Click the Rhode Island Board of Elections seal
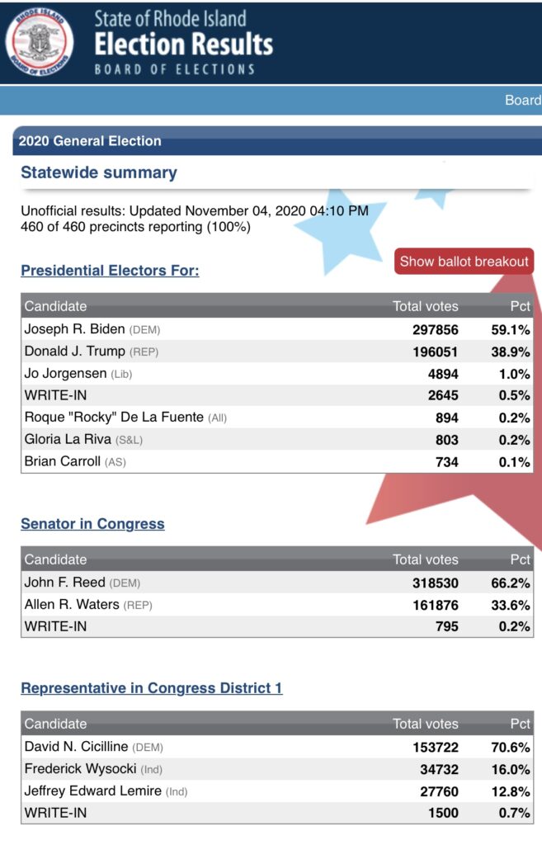tap(40, 41)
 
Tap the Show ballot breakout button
tap(464, 262)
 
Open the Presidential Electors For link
tap(110, 271)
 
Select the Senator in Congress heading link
tap(92, 524)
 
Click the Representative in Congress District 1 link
tap(152, 688)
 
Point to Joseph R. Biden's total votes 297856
tap(436, 330)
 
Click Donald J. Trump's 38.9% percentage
tap(510, 352)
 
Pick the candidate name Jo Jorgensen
tap(65, 374)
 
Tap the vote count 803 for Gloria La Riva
tap(446, 440)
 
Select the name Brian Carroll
tap(62, 461)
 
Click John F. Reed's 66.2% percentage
tap(510, 583)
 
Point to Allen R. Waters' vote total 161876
tap(436, 605)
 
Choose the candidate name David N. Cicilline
tap(76, 746)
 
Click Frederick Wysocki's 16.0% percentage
tap(510, 770)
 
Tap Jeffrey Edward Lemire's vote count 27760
tap(439, 791)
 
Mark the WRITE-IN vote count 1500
tap(443, 813)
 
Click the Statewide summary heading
tap(99, 172)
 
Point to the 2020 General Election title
tap(90, 141)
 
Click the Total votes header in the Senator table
tap(425, 559)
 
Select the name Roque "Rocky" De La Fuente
tap(114, 417)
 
